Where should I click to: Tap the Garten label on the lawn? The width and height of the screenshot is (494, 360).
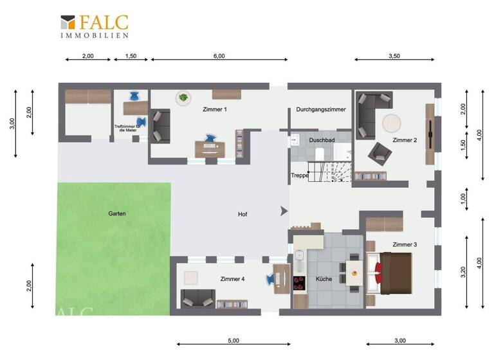pos(117,213)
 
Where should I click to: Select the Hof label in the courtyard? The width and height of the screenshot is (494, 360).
pos(242,214)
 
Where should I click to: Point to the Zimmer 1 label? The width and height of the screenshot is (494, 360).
pos(214,109)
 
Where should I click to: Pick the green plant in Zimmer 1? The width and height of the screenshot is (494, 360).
pos(183,98)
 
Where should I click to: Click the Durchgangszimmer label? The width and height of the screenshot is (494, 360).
pos(321,109)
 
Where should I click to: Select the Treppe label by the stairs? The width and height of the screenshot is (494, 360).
pos(300,175)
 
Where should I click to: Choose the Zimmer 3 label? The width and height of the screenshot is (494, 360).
pos(405,244)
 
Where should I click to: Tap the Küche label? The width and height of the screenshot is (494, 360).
pos(324,279)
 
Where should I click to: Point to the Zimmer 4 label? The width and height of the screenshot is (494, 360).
pos(232,279)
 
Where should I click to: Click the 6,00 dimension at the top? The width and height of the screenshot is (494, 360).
pos(219,56)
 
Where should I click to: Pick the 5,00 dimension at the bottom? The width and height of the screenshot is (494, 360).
pos(233,340)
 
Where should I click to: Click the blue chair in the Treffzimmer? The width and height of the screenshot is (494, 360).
pos(134,96)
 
